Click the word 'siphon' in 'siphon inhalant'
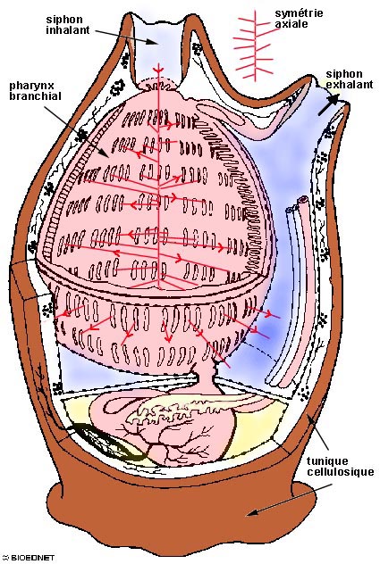64,20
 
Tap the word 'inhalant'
68,29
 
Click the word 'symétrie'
299,13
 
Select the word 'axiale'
291,24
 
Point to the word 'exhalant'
350,85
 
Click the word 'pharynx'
31,87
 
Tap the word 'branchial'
36,96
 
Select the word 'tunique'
327,461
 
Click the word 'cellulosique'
341,471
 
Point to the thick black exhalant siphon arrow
328,104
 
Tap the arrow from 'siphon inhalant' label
127,37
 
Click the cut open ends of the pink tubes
297,203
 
